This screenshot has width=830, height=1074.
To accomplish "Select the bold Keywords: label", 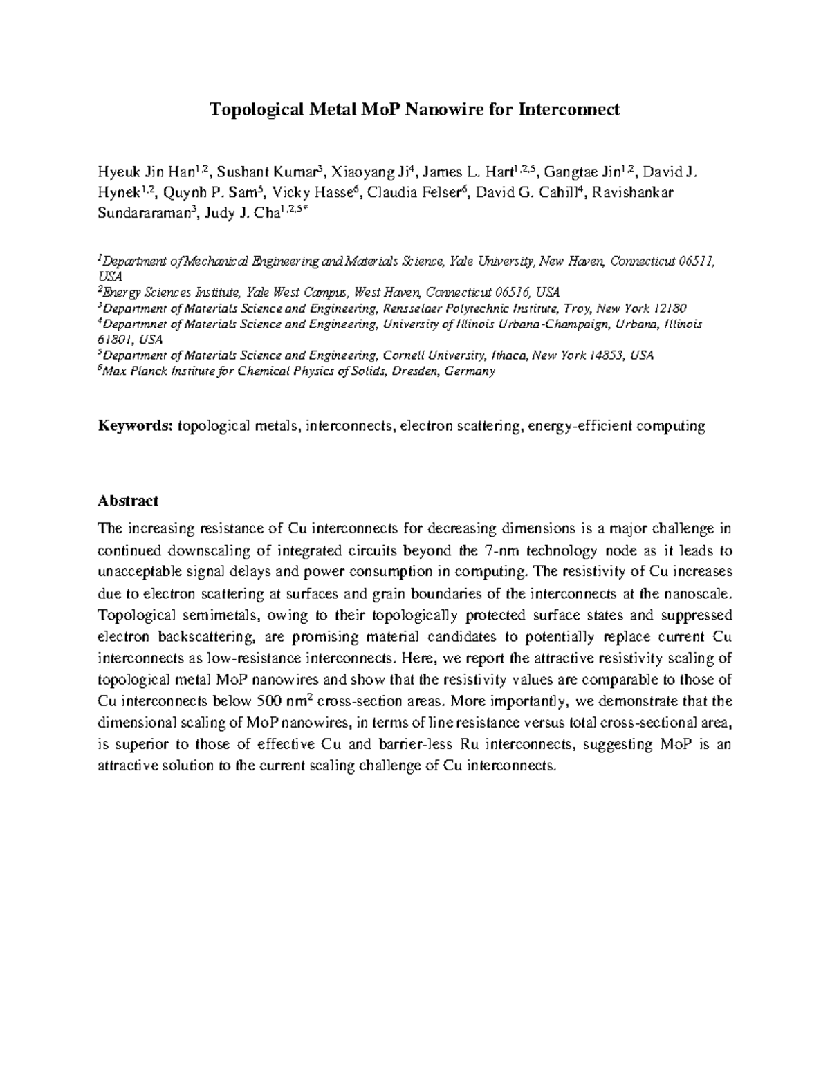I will [x=134, y=426].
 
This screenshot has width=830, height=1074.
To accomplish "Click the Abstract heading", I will [x=128, y=500].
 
